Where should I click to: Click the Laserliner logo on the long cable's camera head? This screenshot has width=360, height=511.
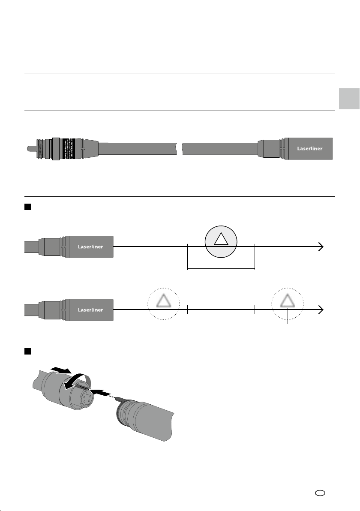(310, 149)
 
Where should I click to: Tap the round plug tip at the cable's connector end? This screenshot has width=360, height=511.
(29, 149)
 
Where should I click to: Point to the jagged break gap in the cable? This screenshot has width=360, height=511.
(179, 149)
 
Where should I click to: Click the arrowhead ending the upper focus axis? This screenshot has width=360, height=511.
(321, 246)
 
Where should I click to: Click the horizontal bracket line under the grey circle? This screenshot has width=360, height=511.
(221, 270)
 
